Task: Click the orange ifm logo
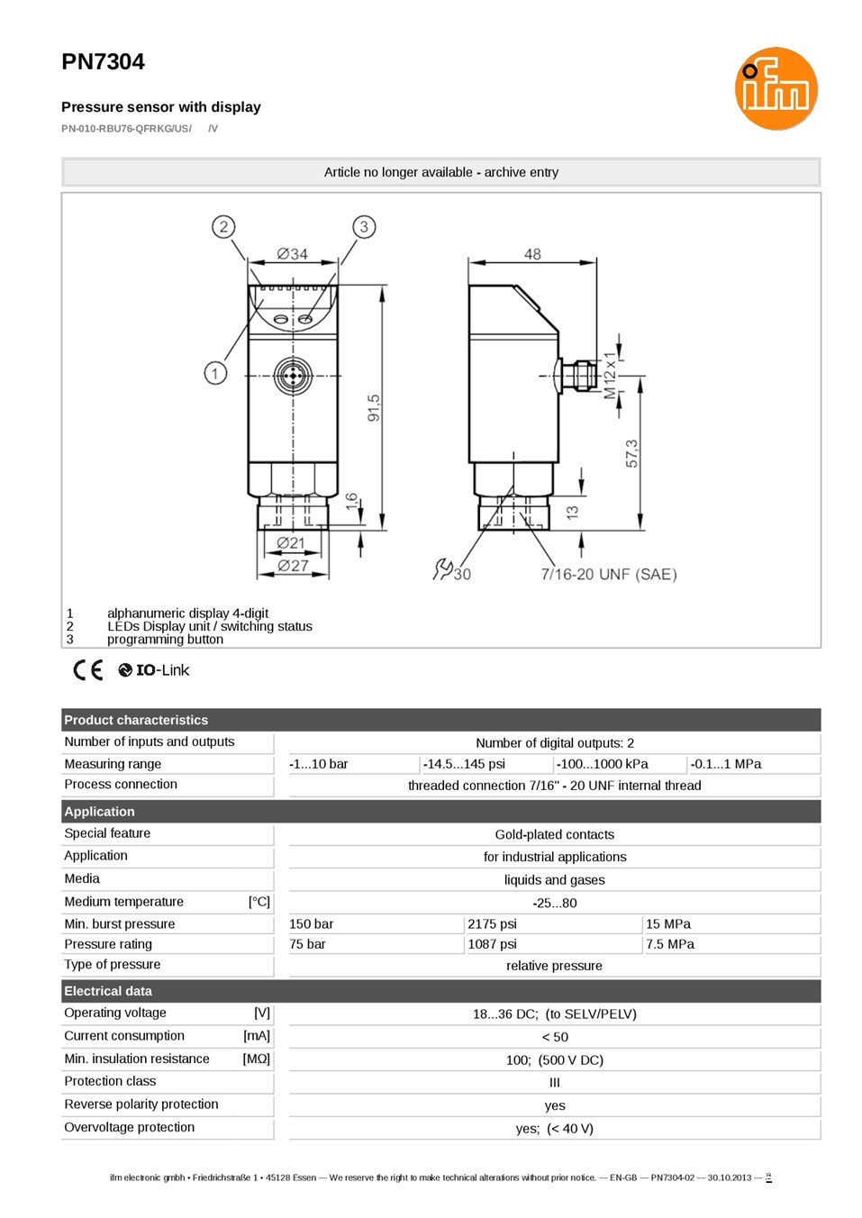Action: [776, 88]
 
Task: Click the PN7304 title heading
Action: [104, 61]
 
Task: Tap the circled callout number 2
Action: [223, 227]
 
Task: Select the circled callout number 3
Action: [364, 227]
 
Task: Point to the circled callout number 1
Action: [215, 374]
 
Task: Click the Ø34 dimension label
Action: [293, 254]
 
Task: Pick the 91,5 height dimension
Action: [374, 408]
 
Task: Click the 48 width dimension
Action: [532, 254]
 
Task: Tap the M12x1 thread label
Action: [611, 375]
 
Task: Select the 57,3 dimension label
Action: [631, 454]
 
